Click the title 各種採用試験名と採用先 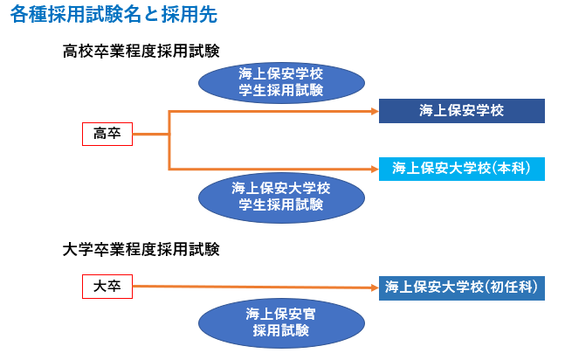tap(114, 15)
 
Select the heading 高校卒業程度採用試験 tap(141, 51)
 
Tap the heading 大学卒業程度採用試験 tap(141, 249)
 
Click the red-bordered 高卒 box tap(107, 135)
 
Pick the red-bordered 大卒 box tap(107, 287)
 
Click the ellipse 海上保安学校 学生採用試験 tap(281, 83)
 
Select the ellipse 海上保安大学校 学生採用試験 tap(281, 197)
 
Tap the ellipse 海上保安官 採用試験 tap(281, 322)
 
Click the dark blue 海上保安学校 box tap(462, 111)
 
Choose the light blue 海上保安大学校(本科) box tap(462, 169)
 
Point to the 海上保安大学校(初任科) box tap(462, 287)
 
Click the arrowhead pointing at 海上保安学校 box tap(375, 112)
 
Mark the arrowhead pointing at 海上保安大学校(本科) tap(375, 169)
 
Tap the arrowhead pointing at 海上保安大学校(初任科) tap(375, 287)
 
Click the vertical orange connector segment tap(169, 141)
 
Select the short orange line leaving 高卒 tap(150, 135)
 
